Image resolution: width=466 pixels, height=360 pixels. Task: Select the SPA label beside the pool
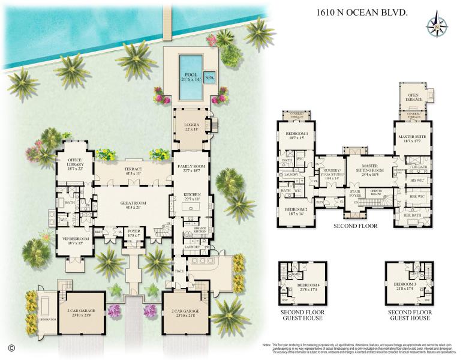(209, 78)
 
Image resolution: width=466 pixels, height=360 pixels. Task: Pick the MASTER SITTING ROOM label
(369, 168)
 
